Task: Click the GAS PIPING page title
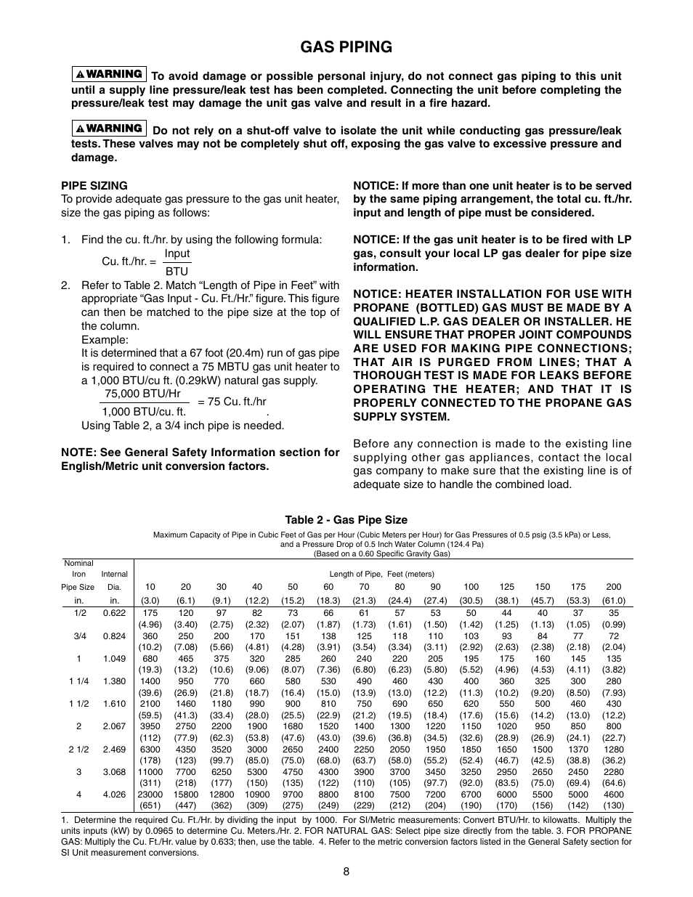tap(346, 47)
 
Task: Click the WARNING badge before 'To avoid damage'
tap(109, 74)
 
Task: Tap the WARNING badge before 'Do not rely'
tap(109, 129)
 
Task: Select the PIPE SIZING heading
tap(94, 186)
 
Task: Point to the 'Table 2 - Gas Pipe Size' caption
tap(346, 520)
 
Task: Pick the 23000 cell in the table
tap(150, 795)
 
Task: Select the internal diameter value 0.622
tap(114, 613)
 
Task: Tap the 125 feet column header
tap(506, 587)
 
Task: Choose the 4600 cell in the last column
tap(613, 795)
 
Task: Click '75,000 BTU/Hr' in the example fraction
tap(142, 394)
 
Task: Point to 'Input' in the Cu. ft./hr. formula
tap(177, 253)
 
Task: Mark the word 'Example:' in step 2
tap(105, 340)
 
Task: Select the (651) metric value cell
tap(150, 805)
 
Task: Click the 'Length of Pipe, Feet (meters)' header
tap(381, 574)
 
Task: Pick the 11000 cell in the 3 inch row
tap(150, 772)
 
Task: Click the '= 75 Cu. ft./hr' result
tap(232, 402)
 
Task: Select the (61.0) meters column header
tap(613, 601)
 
